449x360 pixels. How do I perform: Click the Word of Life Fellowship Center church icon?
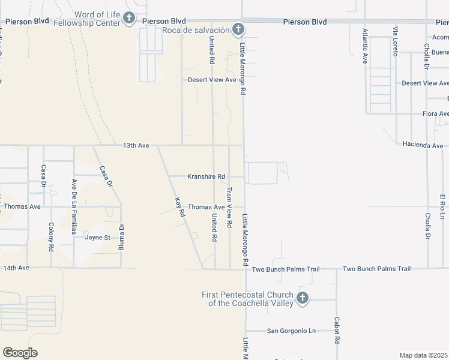(129, 19)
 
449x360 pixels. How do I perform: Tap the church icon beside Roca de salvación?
(238, 29)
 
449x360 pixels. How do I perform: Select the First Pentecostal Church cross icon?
(303, 298)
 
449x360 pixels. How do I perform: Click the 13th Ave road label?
(136, 145)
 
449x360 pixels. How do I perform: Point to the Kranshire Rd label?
(206, 176)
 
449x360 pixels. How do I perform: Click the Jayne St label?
(98, 237)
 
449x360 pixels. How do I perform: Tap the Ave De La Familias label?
(74, 201)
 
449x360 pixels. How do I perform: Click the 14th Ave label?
(16, 268)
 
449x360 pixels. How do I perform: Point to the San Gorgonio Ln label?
(291, 331)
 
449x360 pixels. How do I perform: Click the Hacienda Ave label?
(423, 145)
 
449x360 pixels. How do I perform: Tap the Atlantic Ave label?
(364, 46)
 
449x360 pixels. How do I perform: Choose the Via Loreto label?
(395, 41)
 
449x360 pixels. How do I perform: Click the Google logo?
(20, 353)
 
